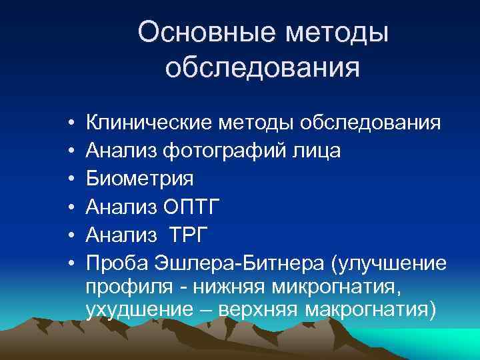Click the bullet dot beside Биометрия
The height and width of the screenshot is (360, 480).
[71, 179]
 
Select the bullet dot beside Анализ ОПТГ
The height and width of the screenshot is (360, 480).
[71, 207]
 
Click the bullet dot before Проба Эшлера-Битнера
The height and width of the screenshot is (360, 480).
[71, 262]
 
